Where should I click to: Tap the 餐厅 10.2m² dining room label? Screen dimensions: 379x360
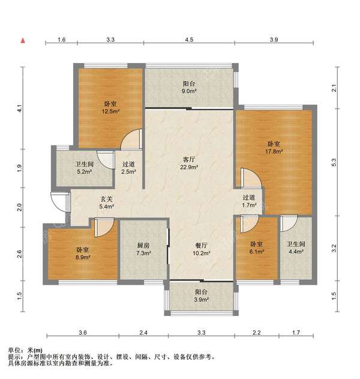(x=201, y=249)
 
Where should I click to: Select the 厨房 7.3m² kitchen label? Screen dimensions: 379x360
(x=143, y=249)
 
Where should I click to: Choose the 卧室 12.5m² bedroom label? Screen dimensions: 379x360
(x=109, y=107)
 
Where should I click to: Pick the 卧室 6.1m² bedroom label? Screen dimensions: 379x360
(x=256, y=249)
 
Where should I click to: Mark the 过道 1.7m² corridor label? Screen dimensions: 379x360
(x=249, y=201)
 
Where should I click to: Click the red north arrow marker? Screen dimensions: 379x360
(x=23, y=40)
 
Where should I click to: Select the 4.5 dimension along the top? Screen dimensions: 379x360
(x=188, y=40)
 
